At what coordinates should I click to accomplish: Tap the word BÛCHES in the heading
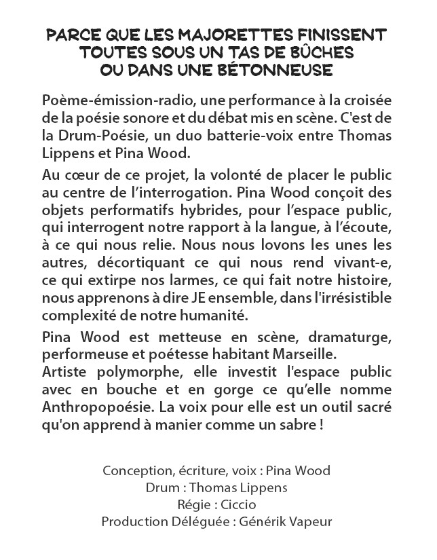click(322, 52)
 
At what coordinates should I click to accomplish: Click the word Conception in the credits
click(131, 470)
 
